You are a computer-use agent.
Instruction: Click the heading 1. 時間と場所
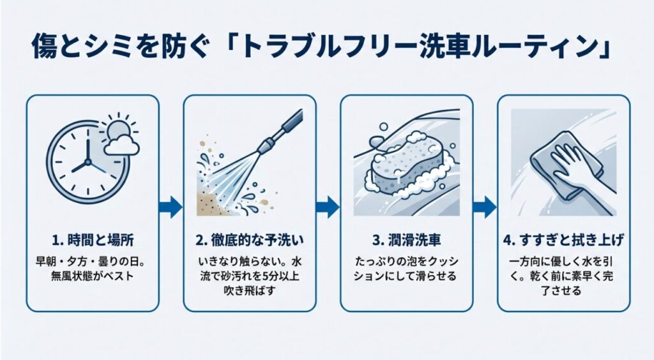click(93, 241)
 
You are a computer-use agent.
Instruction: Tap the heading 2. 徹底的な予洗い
click(249, 241)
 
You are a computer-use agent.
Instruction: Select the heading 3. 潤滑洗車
click(406, 241)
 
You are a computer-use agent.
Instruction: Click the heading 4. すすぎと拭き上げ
click(563, 241)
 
